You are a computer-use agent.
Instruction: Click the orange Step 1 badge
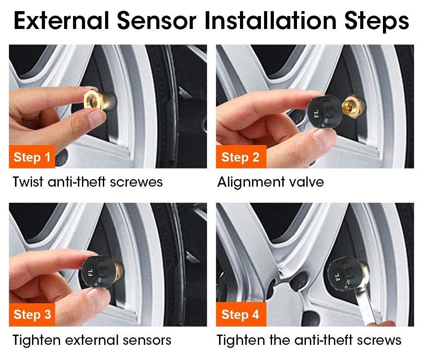(x=32, y=157)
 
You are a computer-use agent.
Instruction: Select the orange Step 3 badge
(x=32, y=315)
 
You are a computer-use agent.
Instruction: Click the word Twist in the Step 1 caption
(x=28, y=182)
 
